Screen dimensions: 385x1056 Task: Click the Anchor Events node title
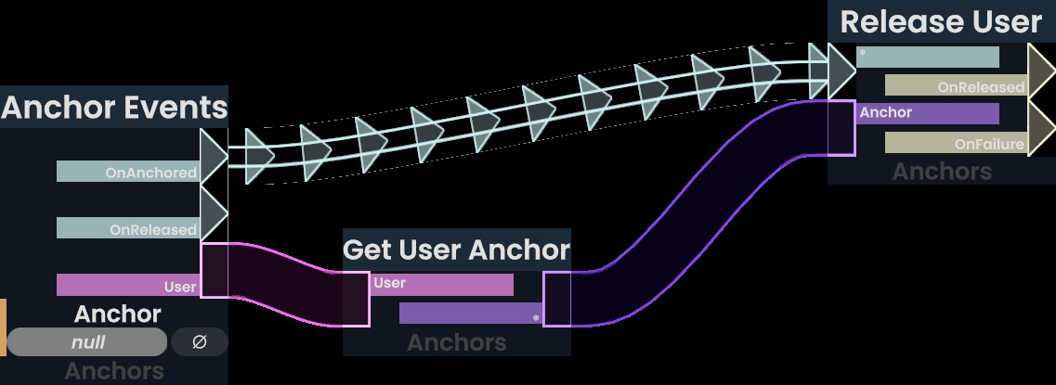click(114, 108)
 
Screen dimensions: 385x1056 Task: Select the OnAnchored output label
click(128, 172)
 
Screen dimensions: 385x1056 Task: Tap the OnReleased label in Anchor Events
click(128, 228)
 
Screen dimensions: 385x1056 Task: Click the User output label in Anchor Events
click(128, 286)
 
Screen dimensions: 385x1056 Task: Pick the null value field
click(87, 342)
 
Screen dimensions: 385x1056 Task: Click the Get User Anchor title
click(456, 250)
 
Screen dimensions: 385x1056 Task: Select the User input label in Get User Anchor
click(442, 284)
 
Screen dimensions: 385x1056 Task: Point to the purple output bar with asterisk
click(471, 314)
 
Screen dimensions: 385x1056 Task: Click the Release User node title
click(941, 22)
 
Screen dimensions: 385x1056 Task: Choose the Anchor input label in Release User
click(928, 113)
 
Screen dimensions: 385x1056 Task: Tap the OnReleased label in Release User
click(955, 86)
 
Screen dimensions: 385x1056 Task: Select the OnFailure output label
click(955, 143)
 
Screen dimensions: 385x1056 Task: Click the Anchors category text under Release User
click(942, 172)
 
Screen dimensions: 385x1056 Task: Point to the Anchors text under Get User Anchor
click(456, 342)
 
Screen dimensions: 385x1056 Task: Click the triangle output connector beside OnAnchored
click(213, 158)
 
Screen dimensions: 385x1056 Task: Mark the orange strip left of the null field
click(3, 327)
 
